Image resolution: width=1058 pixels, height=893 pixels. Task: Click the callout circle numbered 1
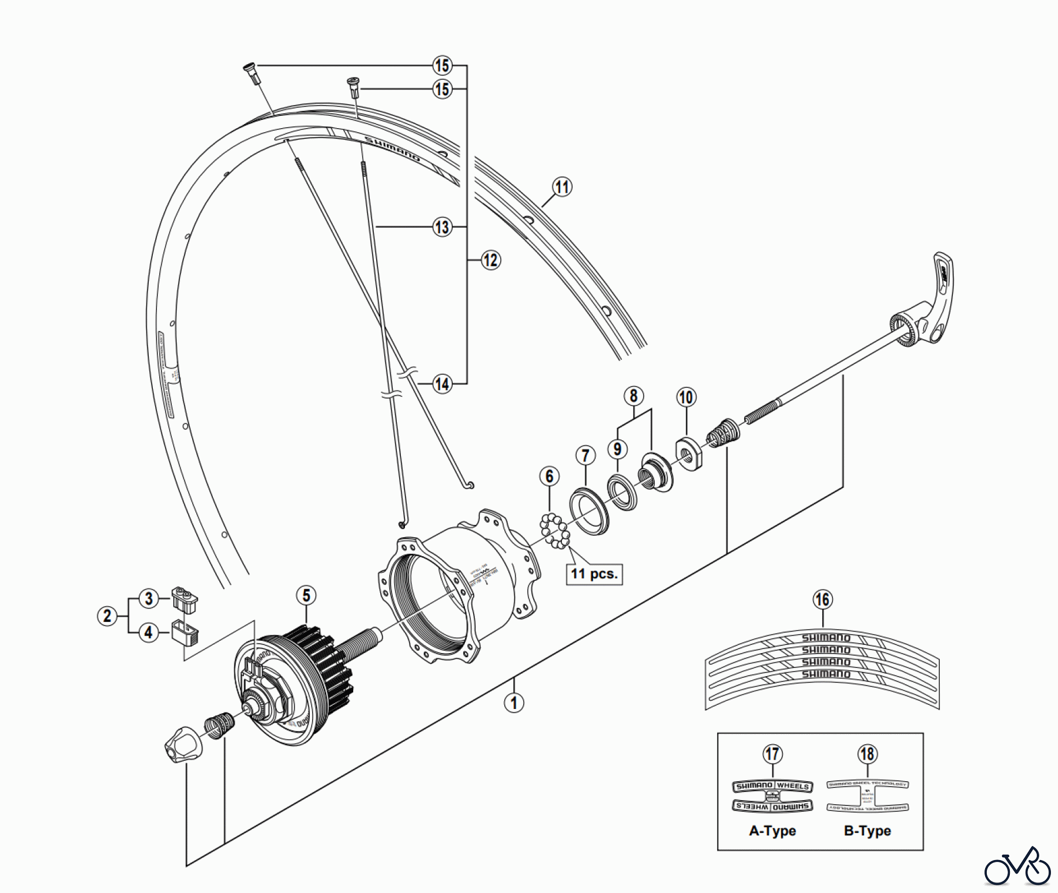(x=514, y=703)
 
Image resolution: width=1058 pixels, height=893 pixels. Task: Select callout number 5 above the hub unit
(x=306, y=596)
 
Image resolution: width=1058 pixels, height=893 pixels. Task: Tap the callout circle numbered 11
(x=563, y=187)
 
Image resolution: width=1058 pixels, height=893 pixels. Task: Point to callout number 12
(x=490, y=260)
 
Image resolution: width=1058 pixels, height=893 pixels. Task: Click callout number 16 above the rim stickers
(x=822, y=600)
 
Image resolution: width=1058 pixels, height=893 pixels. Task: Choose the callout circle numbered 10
(x=686, y=397)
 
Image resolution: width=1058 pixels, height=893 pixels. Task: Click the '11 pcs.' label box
(x=594, y=574)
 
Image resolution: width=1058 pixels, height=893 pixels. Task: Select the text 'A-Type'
(x=772, y=831)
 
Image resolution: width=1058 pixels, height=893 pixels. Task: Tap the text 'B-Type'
(x=867, y=831)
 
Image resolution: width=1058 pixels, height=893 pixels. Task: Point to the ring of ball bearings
(x=555, y=530)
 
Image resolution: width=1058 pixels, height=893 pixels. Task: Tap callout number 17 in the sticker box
(x=772, y=754)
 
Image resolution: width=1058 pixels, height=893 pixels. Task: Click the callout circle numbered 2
(x=107, y=616)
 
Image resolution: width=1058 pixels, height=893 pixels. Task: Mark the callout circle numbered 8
(x=633, y=396)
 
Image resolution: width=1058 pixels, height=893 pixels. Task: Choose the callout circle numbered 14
(x=442, y=384)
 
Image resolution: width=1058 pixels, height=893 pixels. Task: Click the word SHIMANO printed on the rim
(x=393, y=149)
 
